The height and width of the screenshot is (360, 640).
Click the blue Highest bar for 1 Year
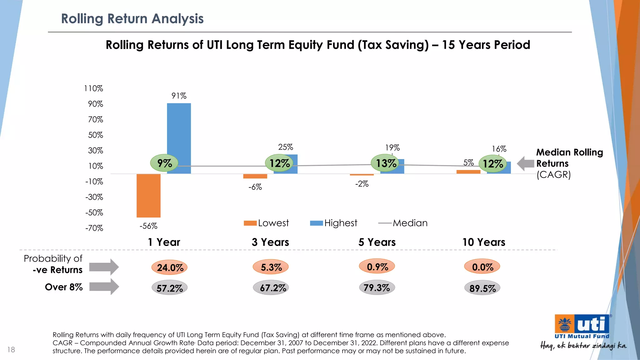(179, 138)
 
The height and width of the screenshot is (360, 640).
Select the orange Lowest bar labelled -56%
(148, 195)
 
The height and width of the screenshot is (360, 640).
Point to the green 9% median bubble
(164, 163)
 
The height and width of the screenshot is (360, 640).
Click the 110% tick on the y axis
(93, 88)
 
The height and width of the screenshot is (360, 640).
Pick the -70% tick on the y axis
(94, 228)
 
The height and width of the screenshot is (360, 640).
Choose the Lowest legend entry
(267, 223)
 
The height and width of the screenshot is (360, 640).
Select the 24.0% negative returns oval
(170, 267)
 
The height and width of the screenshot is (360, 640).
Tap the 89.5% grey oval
(482, 288)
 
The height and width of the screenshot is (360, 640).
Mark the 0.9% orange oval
(377, 267)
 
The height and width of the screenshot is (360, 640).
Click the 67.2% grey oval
(272, 288)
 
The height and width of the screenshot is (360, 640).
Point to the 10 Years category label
(484, 242)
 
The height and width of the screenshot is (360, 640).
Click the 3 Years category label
(270, 242)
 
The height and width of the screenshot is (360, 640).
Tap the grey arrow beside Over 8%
(104, 287)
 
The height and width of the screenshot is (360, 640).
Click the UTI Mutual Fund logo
(582, 327)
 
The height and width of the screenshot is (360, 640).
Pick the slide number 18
(11, 350)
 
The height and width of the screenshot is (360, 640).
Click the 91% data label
(179, 96)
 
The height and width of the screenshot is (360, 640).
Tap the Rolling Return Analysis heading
(132, 19)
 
